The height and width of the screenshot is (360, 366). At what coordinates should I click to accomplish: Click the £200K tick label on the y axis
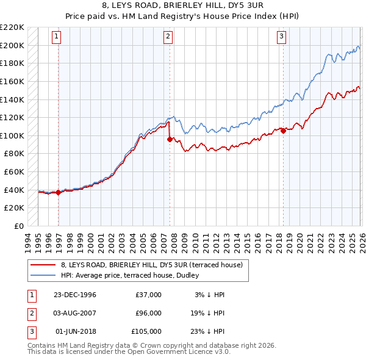(12, 45)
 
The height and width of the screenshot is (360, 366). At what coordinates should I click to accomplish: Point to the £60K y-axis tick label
(14, 172)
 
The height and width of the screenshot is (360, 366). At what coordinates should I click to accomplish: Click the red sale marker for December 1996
(59, 192)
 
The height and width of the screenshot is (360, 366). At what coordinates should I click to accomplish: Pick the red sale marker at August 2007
(170, 139)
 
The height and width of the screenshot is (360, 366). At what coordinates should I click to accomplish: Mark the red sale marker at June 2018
(284, 131)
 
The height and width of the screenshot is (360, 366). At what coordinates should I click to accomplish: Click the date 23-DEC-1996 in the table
(74, 295)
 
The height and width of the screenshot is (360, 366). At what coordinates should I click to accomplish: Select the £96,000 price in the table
(148, 313)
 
